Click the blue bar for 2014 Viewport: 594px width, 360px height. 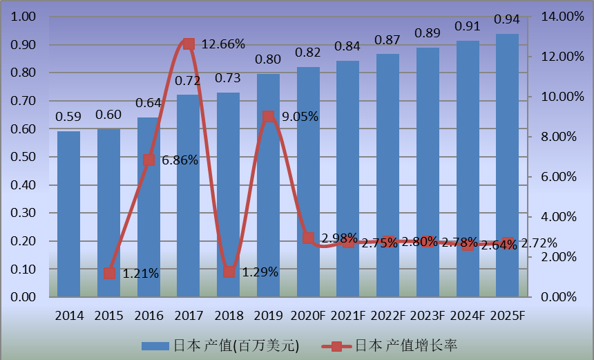(x=68, y=214)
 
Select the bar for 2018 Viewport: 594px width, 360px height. (x=228, y=194)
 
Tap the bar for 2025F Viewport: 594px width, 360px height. (x=507, y=165)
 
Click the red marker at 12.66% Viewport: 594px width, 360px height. (x=188, y=44)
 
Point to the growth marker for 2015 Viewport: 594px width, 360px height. (x=109, y=273)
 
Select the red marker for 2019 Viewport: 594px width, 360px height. (x=268, y=116)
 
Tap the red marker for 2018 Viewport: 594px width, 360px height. (x=229, y=272)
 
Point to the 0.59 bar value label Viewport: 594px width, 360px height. (x=68, y=115)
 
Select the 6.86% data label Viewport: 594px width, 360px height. (x=180, y=160)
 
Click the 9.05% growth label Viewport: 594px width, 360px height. (x=300, y=117)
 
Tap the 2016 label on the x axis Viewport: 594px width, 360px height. (x=148, y=316)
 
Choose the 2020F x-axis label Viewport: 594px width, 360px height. (x=308, y=316)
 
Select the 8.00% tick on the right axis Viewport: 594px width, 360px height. (x=559, y=137)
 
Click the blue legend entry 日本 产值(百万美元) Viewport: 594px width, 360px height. (x=220, y=345)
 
